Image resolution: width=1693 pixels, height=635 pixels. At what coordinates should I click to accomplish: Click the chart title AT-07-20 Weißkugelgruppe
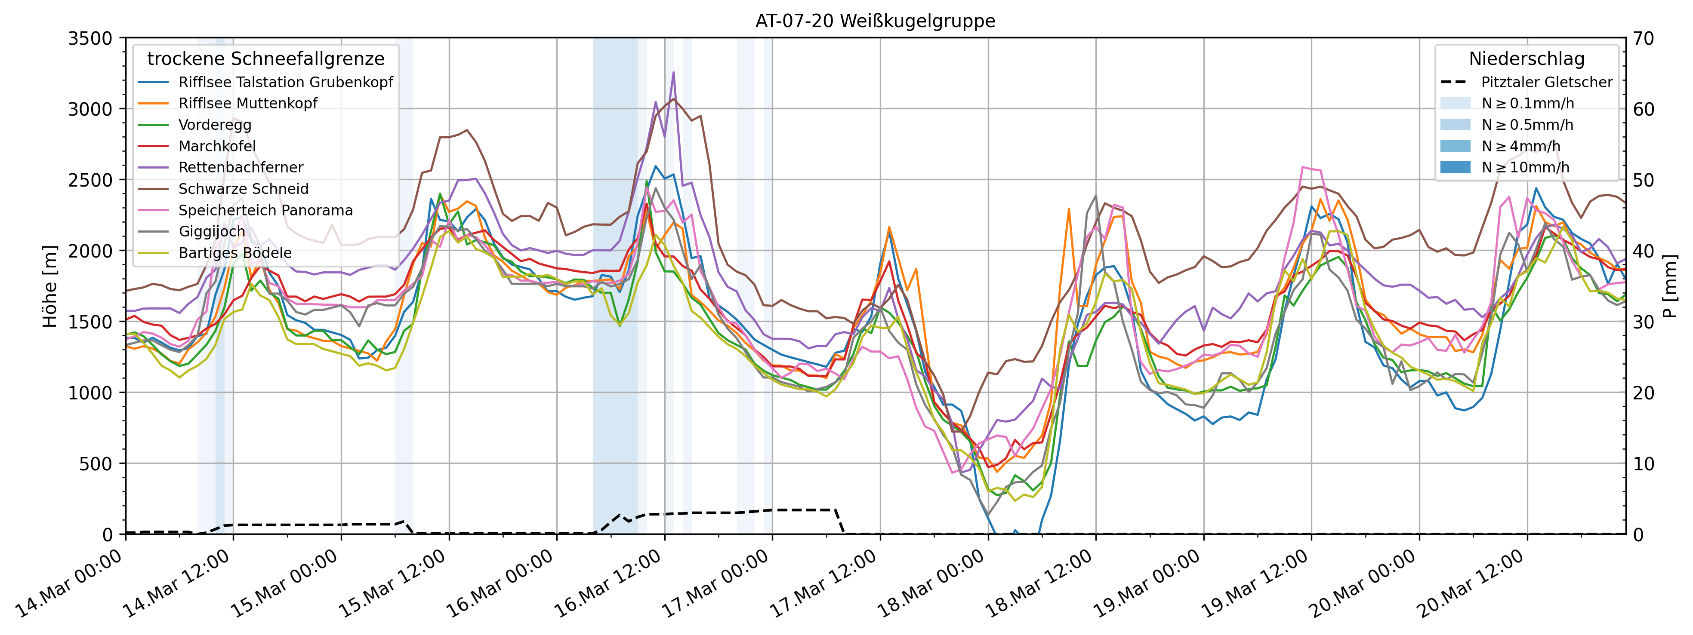tap(875, 21)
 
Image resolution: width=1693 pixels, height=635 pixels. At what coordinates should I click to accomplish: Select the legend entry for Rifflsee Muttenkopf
tap(248, 104)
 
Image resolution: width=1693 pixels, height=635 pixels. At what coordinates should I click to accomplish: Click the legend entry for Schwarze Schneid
tap(243, 189)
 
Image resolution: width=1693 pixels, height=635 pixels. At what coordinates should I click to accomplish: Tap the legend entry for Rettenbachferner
tap(241, 167)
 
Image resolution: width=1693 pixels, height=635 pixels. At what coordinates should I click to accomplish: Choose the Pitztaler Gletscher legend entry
tap(1546, 82)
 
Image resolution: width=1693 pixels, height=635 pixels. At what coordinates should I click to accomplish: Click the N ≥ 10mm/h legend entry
tap(1525, 167)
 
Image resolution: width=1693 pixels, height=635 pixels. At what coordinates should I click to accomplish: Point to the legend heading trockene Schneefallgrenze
tap(265, 59)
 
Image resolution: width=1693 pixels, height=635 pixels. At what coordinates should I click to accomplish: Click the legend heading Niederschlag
tap(1526, 59)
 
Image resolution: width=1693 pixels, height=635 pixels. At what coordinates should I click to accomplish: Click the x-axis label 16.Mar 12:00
tap(608, 584)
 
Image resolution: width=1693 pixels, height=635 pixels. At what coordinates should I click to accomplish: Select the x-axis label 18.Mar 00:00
tap(931, 584)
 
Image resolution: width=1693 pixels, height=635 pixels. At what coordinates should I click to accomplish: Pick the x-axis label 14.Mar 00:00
tap(69, 584)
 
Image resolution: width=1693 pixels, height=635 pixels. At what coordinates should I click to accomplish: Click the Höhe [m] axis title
tap(50, 286)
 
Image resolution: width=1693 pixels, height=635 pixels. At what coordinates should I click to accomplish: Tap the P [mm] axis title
tap(1671, 286)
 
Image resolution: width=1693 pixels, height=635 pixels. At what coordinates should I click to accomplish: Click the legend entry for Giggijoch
tap(212, 232)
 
